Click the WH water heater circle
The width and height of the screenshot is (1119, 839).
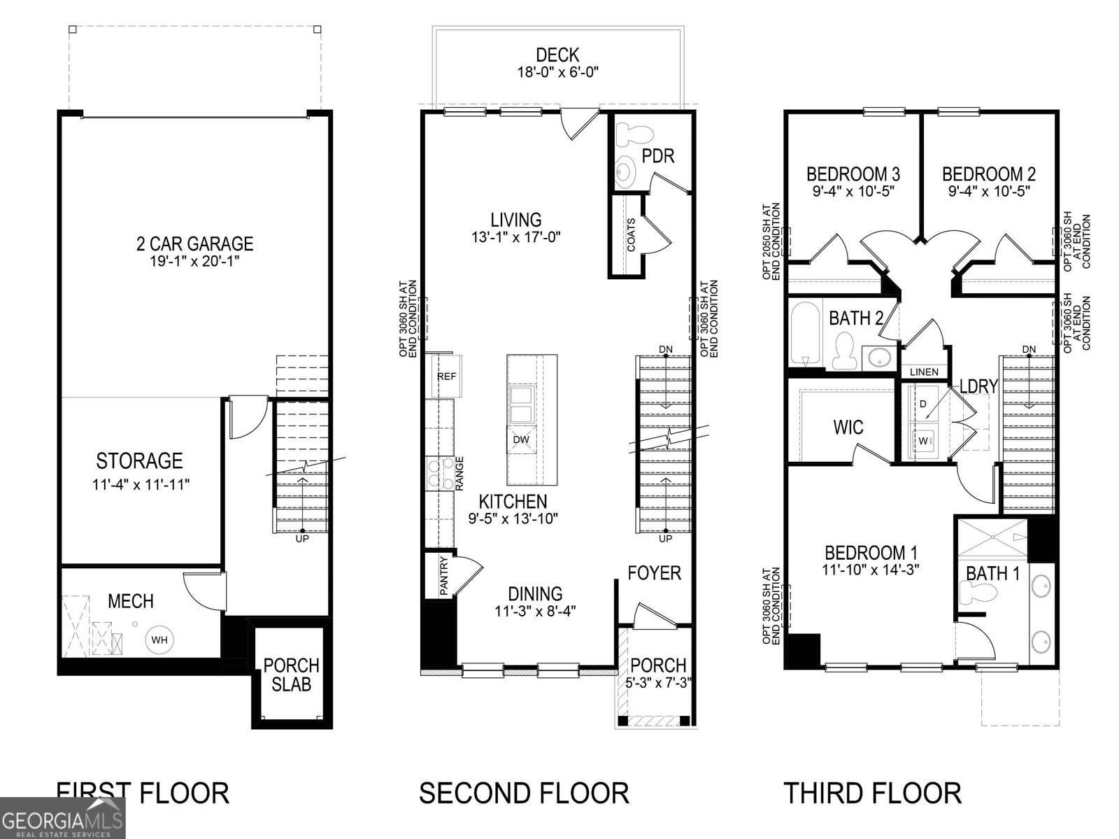click(x=159, y=640)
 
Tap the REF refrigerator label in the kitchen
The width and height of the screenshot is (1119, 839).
click(x=447, y=376)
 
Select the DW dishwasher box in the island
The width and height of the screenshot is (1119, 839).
click(x=521, y=439)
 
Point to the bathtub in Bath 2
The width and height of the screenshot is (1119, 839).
click(x=806, y=334)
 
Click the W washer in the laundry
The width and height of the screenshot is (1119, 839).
click(x=922, y=441)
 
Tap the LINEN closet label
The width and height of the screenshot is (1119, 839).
click(x=924, y=372)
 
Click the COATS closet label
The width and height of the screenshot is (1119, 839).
click(x=631, y=235)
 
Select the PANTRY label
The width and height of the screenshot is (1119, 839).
click(x=443, y=576)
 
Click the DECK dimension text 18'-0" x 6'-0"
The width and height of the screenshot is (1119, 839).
click(x=557, y=72)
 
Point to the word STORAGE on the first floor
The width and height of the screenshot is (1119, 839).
click(x=140, y=461)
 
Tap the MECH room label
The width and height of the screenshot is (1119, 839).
click(x=131, y=601)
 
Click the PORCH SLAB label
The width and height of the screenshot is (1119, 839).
click(x=291, y=675)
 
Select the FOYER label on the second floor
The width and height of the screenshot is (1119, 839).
click(x=654, y=573)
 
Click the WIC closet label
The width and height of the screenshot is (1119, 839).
click(x=848, y=427)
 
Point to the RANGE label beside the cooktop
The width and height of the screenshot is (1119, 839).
click(x=459, y=473)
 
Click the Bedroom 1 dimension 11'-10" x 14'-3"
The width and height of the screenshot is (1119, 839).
click(x=871, y=570)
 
